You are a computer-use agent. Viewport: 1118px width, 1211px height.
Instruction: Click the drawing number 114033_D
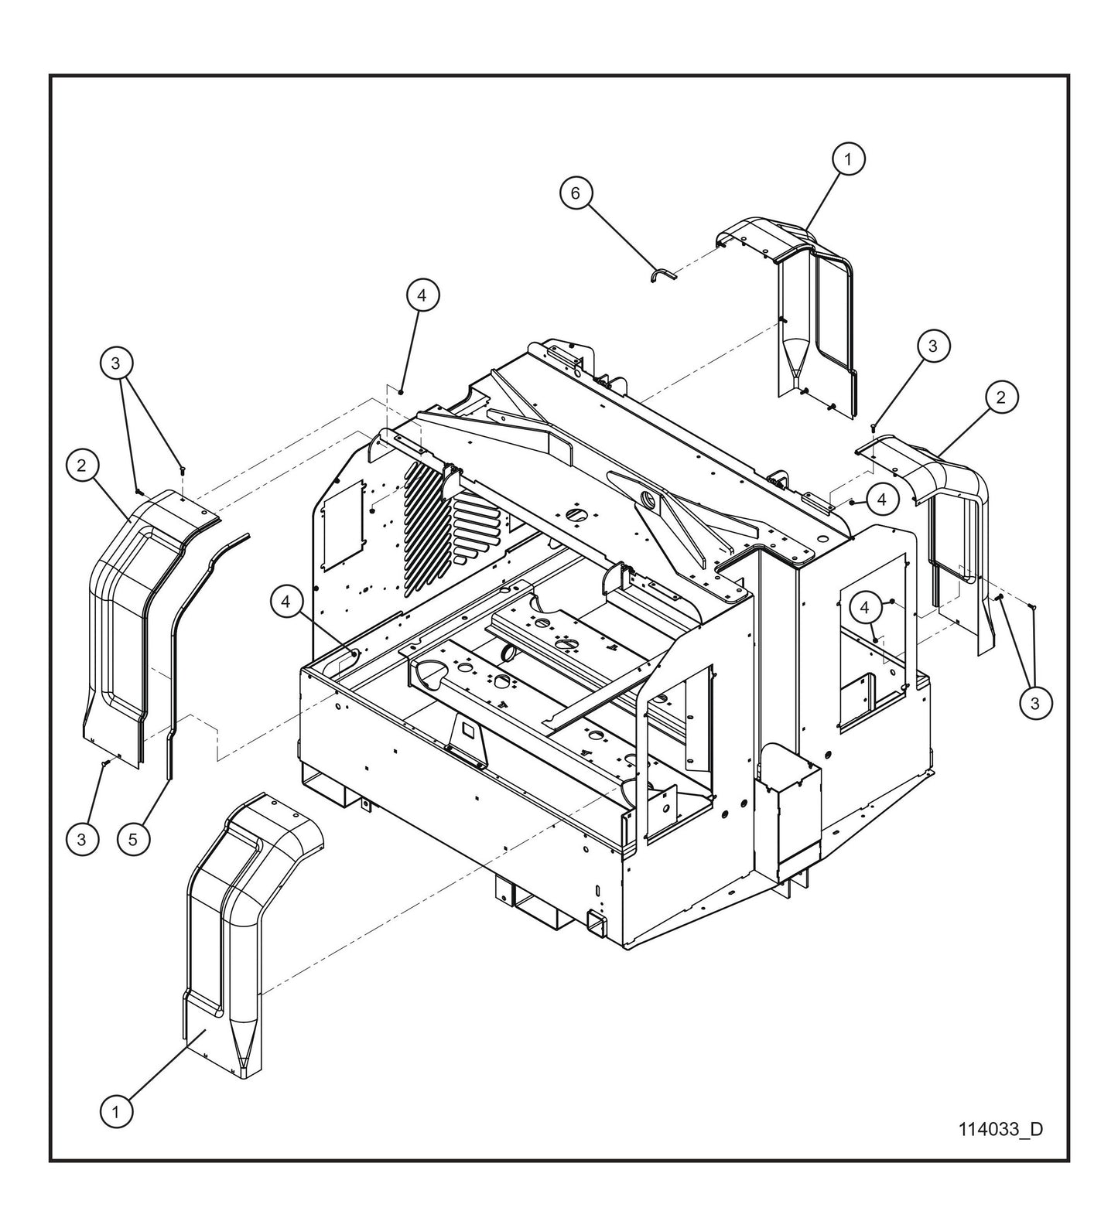click(x=1000, y=1129)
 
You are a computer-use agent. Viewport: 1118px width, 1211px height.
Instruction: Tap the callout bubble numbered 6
click(x=576, y=193)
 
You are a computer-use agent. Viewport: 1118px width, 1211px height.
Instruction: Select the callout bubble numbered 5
click(x=133, y=839)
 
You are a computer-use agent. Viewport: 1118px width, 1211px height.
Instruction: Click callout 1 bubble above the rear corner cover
click(x=848, y=159)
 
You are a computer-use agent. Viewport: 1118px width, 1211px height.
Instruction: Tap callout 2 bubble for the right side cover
click(x=1001, y=397)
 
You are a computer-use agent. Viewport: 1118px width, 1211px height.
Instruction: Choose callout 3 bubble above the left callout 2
click(x=116, y=363)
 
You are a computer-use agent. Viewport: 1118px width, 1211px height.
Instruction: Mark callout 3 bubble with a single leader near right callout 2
click(x=932, y=346)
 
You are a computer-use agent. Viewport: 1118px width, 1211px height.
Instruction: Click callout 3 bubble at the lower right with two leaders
click(x=1035, y=703)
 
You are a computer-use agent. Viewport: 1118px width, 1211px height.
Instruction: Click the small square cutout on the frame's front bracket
click(x=467, y=728)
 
